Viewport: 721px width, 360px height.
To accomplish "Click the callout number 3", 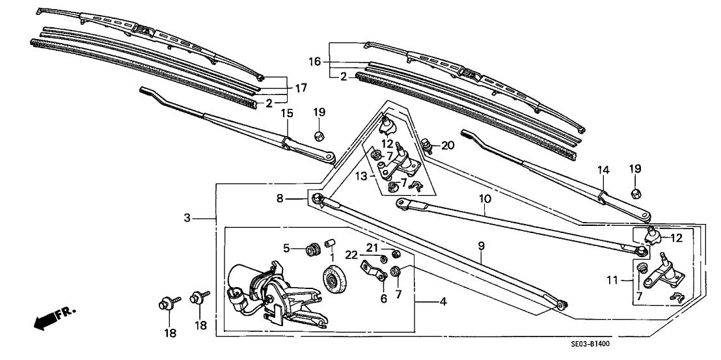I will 187,218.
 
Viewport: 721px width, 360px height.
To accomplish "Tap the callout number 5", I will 286,247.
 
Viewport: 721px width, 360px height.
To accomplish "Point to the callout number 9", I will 482,246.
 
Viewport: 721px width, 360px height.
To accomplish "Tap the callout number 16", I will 315,61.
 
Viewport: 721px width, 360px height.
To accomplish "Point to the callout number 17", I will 300,88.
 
